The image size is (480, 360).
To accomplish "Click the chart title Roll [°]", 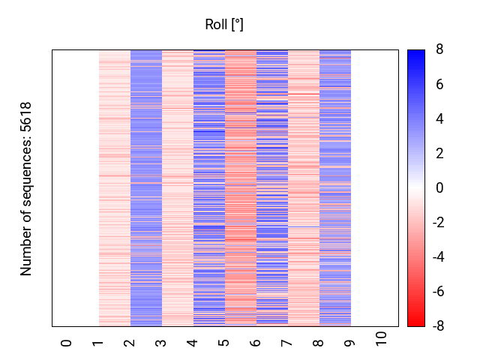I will (224, 25).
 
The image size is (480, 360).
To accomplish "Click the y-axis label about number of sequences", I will (27, 188).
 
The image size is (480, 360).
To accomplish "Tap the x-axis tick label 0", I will (66, 343).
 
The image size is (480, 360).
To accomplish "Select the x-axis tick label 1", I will (97, 343).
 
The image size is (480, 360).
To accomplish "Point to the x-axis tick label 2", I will (129, 343).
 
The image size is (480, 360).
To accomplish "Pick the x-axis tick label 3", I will (160, 343).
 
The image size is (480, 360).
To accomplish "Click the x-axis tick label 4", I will (192, 343).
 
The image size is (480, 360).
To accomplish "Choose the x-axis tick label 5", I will (223, 343).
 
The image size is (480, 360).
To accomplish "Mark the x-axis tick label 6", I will (255, 343).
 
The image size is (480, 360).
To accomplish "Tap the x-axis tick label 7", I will (286, 343).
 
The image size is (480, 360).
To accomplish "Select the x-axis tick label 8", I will (318, 343).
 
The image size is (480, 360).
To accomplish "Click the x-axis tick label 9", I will (349, 343).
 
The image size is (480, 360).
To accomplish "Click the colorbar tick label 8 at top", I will (439, 49).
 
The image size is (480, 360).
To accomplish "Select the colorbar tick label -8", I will (437, 325).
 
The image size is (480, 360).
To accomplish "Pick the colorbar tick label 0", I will (439, 187).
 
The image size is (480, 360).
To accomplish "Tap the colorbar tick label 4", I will (439, 118).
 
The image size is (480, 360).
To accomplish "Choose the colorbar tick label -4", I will (437, 256).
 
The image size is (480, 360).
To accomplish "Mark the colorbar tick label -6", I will (437, 291).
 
